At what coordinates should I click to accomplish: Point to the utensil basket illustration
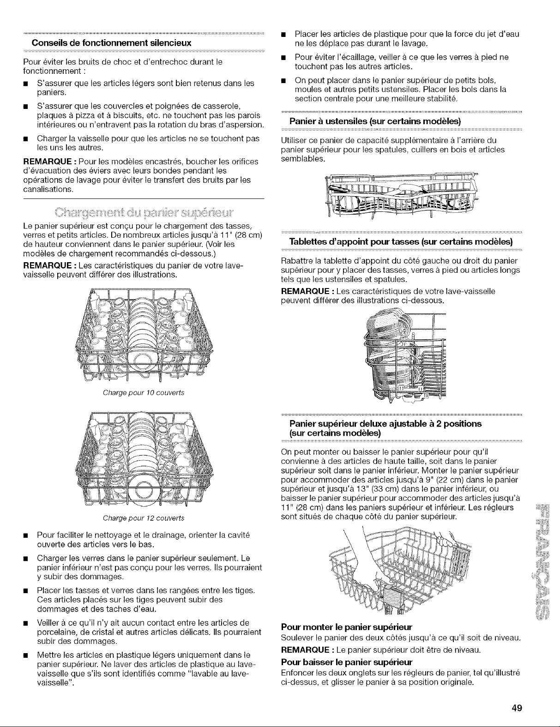(401, 194)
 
